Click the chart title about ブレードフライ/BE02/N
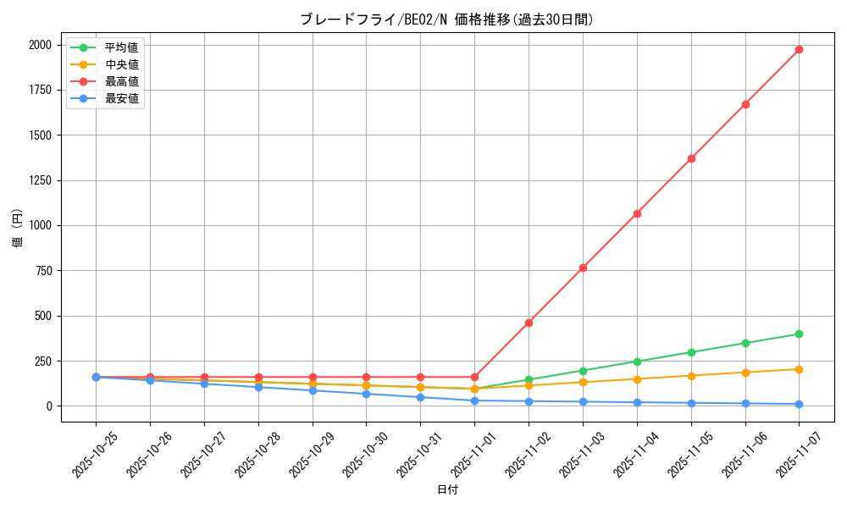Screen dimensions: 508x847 (447, 19)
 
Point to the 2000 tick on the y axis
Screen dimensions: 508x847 (39, 45)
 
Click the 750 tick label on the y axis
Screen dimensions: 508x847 (42, 271)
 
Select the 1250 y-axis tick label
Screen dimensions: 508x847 (39, 180)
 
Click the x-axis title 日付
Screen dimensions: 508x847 (447, 490)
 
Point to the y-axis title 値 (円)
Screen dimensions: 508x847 (18, 230)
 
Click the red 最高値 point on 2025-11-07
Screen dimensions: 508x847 (799, 49)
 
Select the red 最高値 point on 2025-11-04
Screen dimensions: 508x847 (637, 213)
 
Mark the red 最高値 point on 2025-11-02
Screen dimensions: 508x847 (529, 323)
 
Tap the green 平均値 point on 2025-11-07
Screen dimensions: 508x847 (799, 334)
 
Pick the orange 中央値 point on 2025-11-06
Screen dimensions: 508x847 (745, 373)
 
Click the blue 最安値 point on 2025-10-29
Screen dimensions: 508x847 (313, 390)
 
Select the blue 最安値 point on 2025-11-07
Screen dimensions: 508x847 (799, 404)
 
